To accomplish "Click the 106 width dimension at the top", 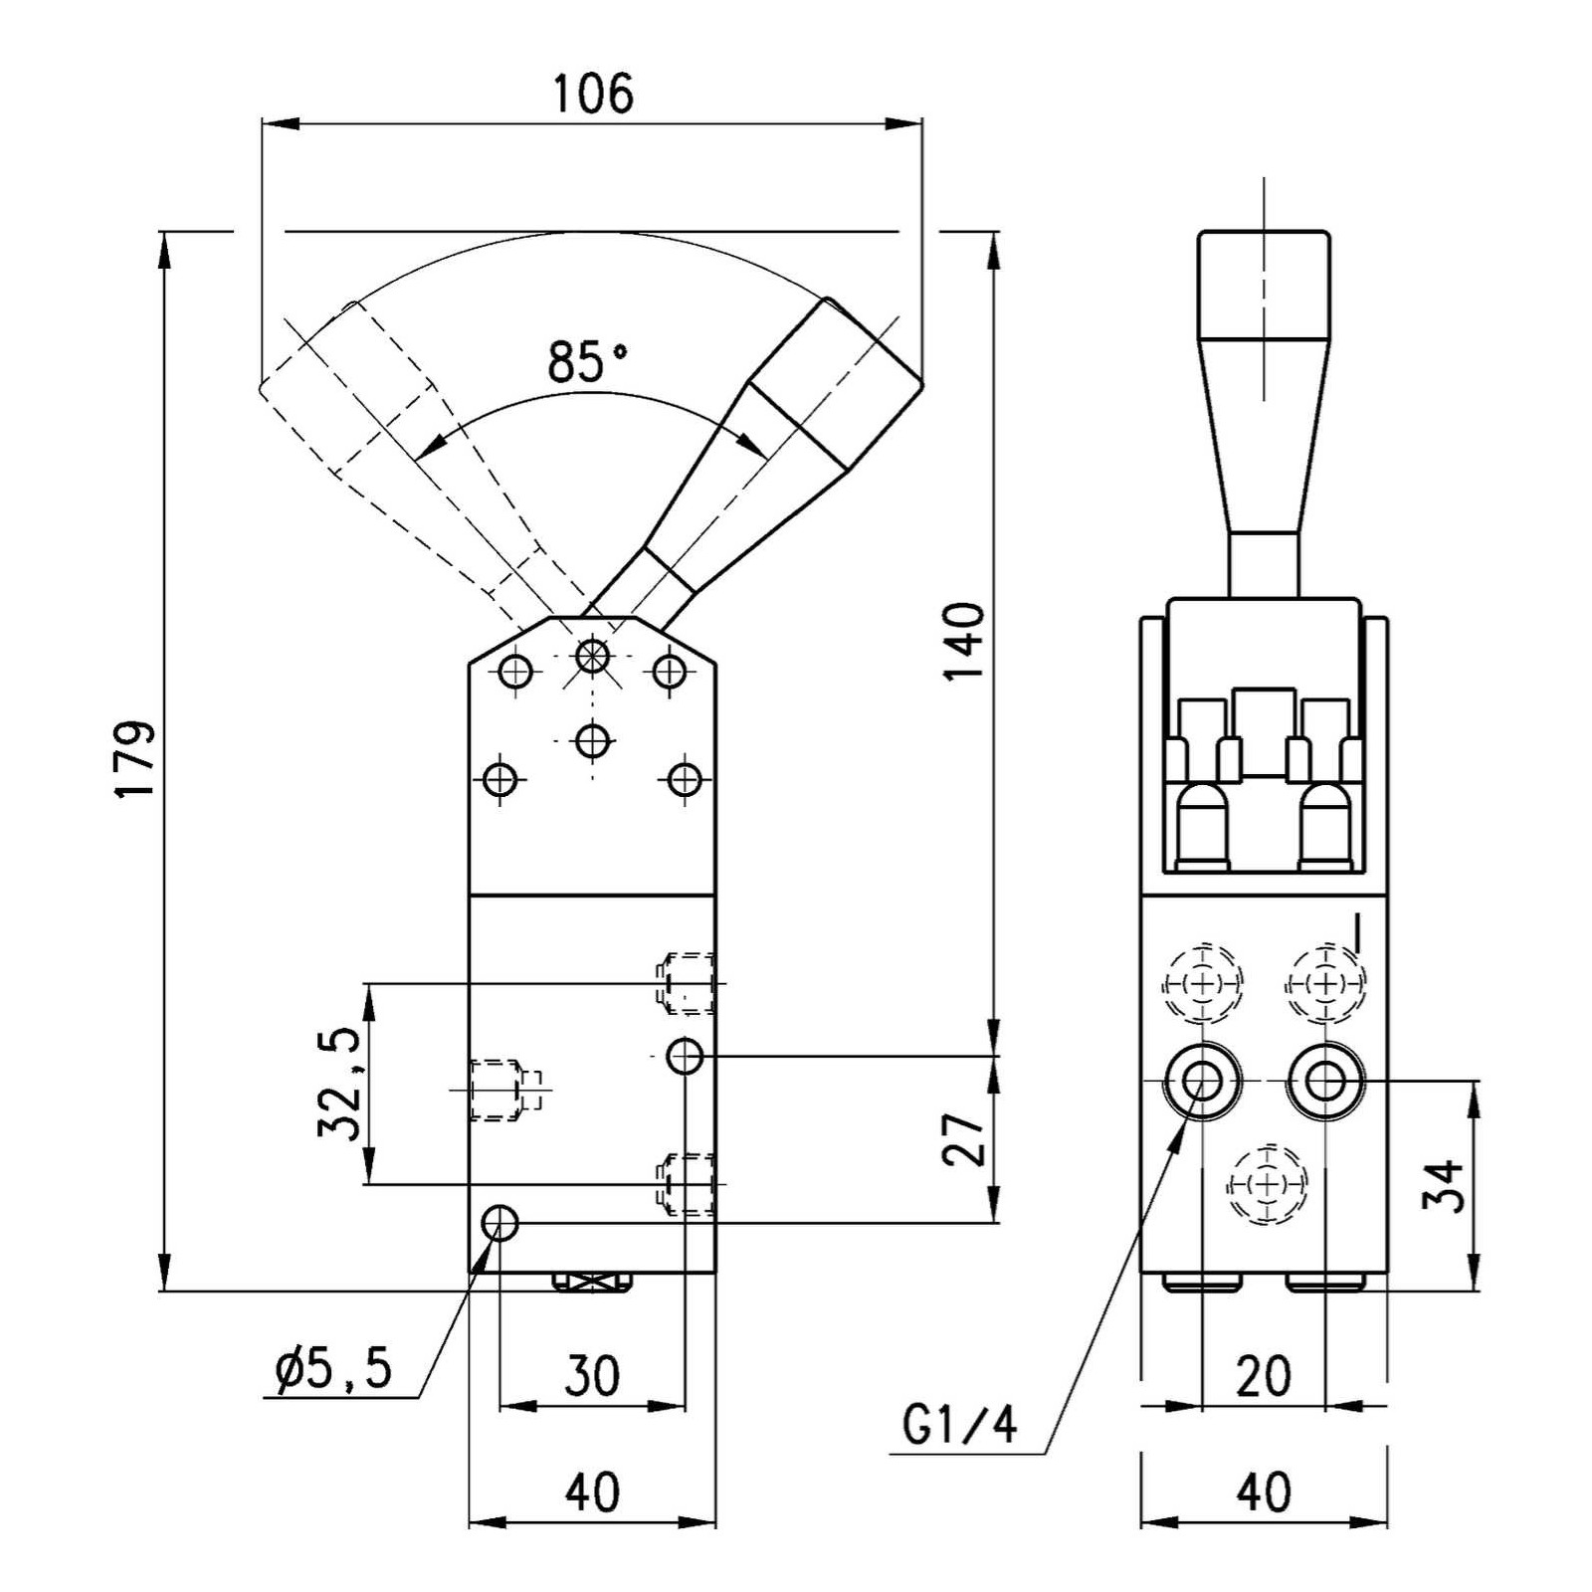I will [x=593, y=95].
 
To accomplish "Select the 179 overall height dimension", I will [x=134, y=758].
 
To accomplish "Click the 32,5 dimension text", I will [x=339, y=1084].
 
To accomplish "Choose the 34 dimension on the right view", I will [x=1444, y=1184].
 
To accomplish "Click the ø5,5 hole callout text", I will [x=334, y=1371].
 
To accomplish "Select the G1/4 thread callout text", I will [x=960, y=1425].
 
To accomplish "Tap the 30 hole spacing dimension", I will [x=592, y=1376].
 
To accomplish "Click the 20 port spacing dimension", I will [x=1264, y=1376].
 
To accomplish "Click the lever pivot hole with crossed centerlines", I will [x=592, y=656].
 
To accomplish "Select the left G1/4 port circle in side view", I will [x=1203, y=1081].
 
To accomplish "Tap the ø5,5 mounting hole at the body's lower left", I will [x=499, y=1223].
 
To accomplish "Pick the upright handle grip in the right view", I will [x=1264, y=289].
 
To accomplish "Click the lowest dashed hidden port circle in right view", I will [x=1266, y=1184].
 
